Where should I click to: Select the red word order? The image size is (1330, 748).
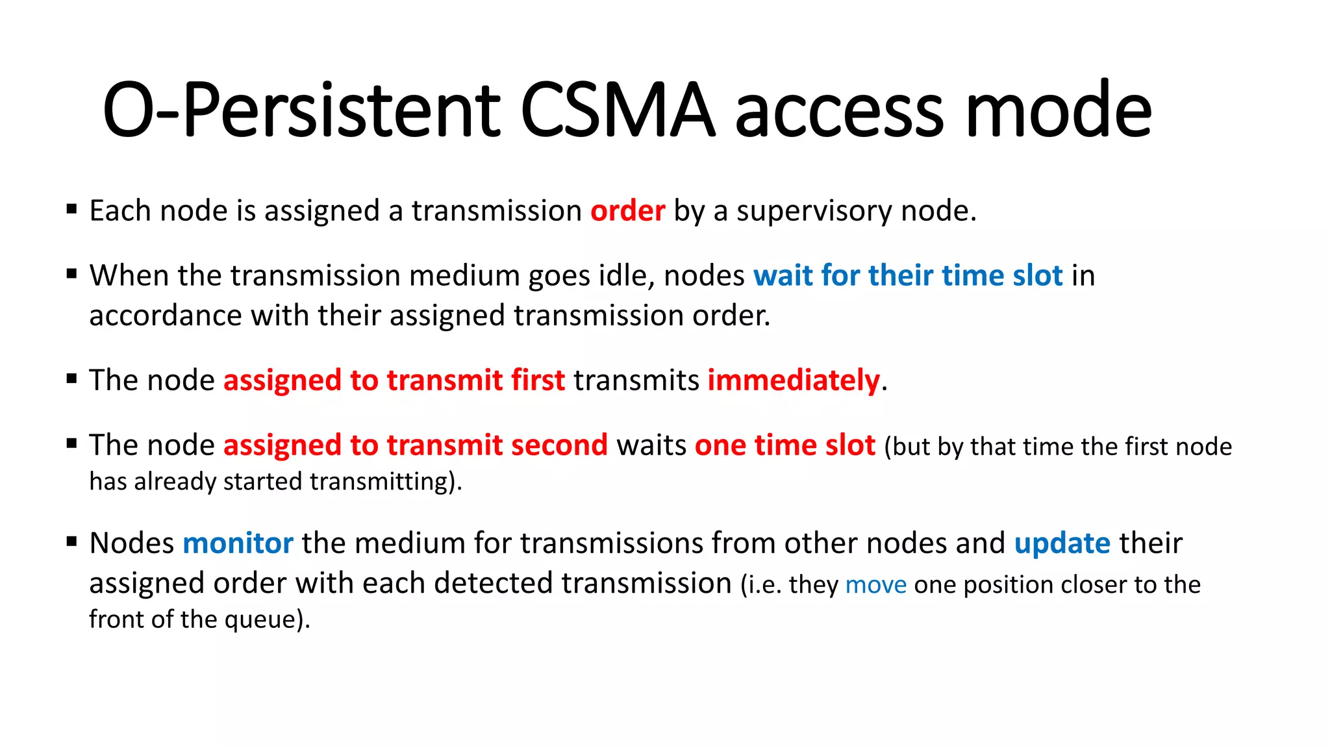tap(627, 211)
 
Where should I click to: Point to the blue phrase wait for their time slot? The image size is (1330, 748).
tap(908, 275)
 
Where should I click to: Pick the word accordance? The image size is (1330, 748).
tap(166, 316)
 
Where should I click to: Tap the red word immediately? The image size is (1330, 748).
tap(793, 380)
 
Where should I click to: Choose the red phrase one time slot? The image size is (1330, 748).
tap(784, 445)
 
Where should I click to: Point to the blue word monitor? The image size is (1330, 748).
tap(238, 543)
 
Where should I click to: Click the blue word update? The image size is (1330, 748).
tap(1062, 543)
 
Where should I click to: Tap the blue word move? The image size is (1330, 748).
tap(875, 585)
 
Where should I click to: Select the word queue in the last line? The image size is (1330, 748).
tap(260, 620)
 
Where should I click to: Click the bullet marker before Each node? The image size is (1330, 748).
tap(72, 209)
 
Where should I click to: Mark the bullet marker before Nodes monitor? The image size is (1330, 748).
tap(72, 542)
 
